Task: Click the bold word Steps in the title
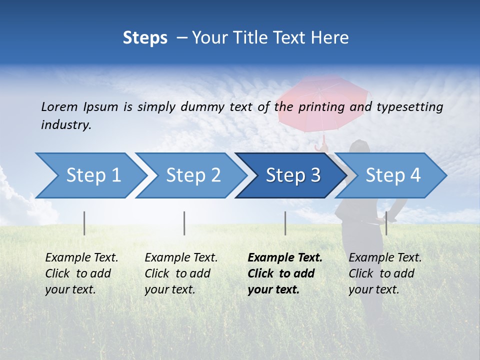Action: tap(145, 37)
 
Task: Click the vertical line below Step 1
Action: tap(84, 223)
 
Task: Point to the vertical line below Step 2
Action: tap(184, 223)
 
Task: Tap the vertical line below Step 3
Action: tap(285, 223)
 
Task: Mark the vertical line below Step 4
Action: tap(386, 223)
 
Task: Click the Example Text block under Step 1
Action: tap(81, 273)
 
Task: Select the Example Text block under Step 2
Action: tap(180, 273)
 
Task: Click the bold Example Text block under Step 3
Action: tap(284, 273)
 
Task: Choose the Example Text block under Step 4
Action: tap(384, 273)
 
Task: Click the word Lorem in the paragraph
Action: tap(59, 106)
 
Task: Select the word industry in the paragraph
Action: tap(65, 125)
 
